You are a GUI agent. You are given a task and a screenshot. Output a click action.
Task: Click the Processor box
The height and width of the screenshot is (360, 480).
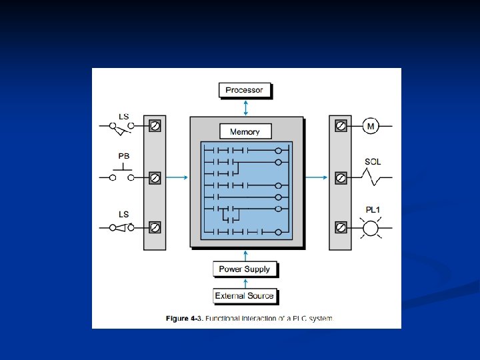click(x=245, y=90)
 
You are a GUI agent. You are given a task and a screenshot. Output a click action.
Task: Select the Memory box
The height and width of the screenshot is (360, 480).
click(x=245, y=131)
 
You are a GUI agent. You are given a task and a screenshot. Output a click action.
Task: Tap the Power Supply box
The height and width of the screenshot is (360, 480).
click(x=245, y=269)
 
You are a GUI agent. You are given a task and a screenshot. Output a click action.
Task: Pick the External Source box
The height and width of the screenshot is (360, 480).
click(x=244, y=295)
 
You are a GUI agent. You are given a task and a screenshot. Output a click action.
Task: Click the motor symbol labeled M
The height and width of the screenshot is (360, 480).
click(x=371, y=125)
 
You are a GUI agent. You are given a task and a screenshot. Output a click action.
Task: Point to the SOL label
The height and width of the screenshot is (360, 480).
click(x=373, y=162)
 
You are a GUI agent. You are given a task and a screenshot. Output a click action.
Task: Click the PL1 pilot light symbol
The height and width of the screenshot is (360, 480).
click(x=370, y=229)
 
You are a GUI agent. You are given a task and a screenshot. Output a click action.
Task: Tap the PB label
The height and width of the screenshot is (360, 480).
click(x=124, y=156)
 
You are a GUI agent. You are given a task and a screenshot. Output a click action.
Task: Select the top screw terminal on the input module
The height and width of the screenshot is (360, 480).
click(x=155, y=125)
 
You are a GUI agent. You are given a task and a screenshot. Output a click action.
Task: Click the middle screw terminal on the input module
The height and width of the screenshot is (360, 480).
click(x=155, y=178)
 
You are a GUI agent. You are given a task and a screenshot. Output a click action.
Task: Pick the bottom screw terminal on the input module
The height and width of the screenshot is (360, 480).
click(x=155, y=227)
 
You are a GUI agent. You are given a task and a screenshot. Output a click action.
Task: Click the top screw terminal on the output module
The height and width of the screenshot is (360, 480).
click(x=340, y=125)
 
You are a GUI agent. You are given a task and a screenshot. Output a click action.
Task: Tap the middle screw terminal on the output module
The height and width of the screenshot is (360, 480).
click(x=340, y=178)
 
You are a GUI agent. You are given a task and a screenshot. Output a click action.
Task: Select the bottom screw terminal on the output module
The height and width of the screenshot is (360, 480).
click(x=340, y=228)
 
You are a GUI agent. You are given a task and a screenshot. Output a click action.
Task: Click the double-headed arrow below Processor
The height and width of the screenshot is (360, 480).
click(x=245, y=107)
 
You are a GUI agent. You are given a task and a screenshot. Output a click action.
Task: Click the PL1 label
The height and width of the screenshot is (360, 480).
click(x=373, y=211)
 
